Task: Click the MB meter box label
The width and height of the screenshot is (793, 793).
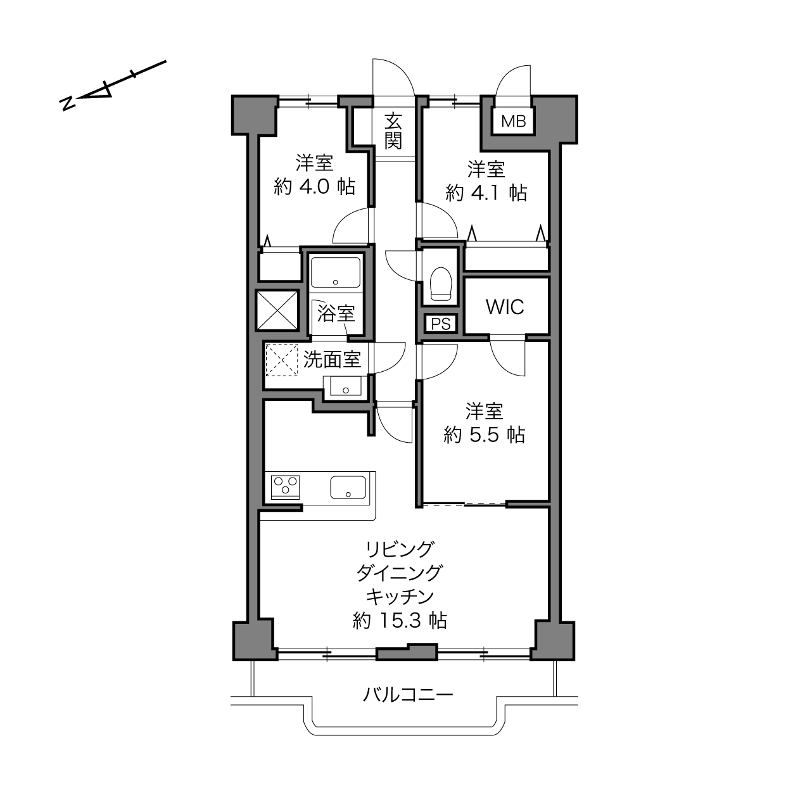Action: point(514,122)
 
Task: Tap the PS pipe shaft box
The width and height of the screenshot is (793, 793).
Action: point(441,324)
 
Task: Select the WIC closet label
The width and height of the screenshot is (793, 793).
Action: point(505,307)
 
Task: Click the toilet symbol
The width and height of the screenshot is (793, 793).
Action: point(441,284)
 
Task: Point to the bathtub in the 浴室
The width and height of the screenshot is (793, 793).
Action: point(336,272)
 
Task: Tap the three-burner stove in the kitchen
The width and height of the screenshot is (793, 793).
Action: point(285,487)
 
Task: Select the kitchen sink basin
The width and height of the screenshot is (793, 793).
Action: point(348,487)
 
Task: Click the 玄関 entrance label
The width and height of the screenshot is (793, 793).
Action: point(393,131)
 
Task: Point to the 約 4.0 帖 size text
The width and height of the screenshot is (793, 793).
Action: point(314,187)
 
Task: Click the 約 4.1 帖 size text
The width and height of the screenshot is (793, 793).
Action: point(486,193)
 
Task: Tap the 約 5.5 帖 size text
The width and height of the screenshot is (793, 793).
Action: point(485,435)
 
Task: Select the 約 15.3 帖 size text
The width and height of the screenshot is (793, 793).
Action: point(400,621)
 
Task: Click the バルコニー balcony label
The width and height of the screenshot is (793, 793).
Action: point(408,695)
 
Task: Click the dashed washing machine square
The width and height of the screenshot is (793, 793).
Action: point(281,360)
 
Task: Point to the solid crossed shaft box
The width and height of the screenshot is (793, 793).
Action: point(277,310)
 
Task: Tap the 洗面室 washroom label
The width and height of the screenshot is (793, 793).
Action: point(332,359)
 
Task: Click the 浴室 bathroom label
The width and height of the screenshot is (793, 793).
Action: point(336,314)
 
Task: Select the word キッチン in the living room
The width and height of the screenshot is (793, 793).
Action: point(400,596)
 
